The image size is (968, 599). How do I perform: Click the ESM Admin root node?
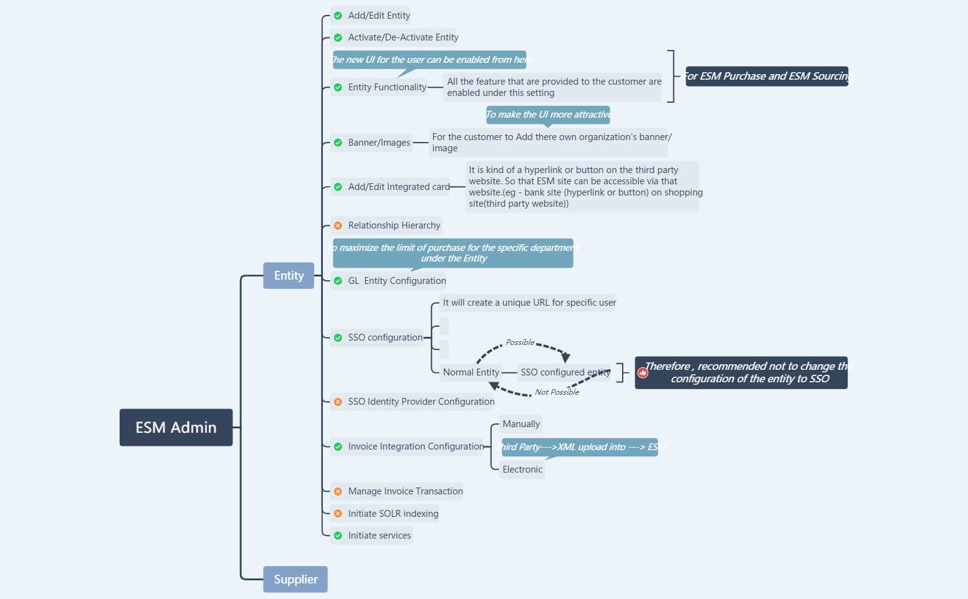(176, 428)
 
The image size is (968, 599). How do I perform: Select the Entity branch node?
(289, 276)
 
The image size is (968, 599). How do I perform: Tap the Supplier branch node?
(295, 580)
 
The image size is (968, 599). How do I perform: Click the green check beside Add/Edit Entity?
(338, 16)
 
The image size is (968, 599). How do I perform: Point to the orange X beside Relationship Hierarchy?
(338, 225)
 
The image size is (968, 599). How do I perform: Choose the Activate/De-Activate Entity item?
(403, 37)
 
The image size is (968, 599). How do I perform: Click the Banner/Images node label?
(379, 143)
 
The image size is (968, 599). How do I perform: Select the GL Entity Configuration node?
(396, 281)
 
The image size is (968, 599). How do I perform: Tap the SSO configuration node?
(385, 337)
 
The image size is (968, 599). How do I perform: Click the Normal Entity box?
(471, 372)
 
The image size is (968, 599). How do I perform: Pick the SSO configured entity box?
(565, 372)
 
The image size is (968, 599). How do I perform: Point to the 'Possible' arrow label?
(520, 342)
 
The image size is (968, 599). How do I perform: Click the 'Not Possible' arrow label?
(557, 392)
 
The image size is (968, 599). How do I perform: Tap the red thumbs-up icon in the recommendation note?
(643, 373)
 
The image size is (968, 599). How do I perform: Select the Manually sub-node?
(521, 424)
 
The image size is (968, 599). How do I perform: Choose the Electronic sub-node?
(522, 469)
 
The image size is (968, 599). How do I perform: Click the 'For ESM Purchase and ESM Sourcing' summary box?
(767, 76)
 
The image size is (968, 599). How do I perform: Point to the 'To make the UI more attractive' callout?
(548, 115)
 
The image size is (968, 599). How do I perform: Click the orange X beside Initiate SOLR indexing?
(338, 514)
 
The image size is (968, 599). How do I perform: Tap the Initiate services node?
(379, 535)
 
